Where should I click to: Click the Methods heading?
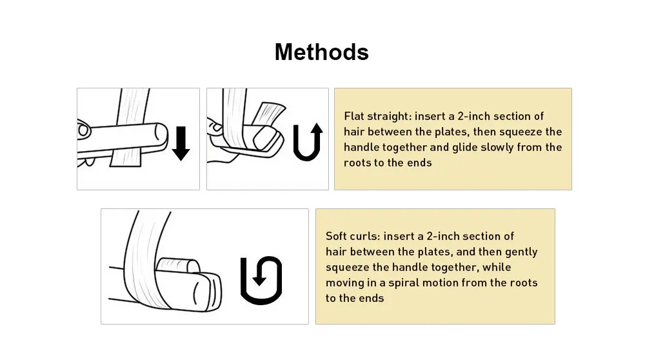[x=321, y=52]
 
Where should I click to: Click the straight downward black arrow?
[x=181, y=143]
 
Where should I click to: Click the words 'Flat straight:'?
[x=377, y=116]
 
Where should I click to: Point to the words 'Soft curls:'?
[x=353, y=236]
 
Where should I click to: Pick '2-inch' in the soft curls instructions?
[x=443, y=236]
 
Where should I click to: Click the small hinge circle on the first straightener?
[x=83, y=130]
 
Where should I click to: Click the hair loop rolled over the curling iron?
[x=178, y=266]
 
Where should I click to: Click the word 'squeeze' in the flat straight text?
[x=520, y=132]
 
